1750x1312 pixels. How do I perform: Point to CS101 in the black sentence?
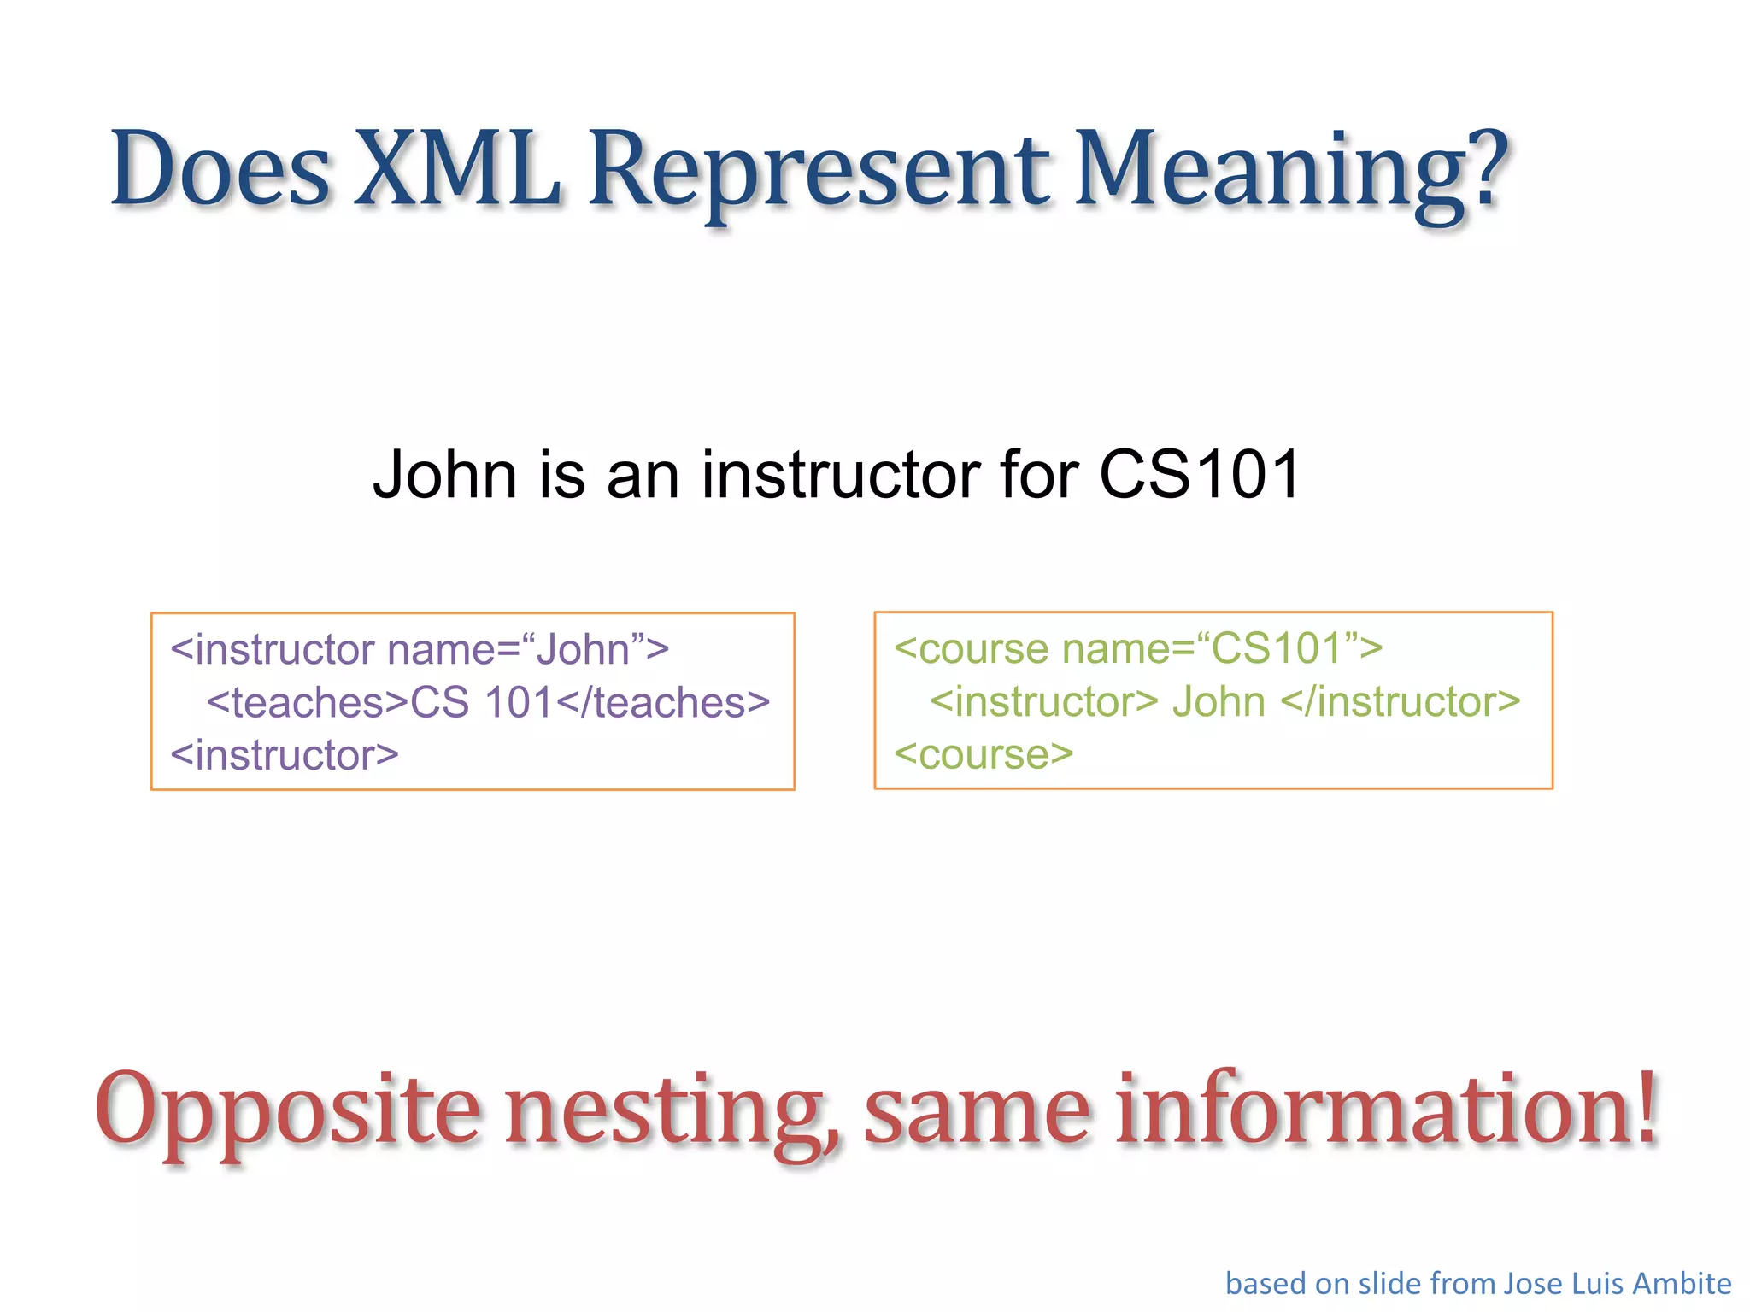click(x=1200, y=475)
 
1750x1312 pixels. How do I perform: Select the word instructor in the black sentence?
click(x=841, y=475)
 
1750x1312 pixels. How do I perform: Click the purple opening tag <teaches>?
click(x=308, y=703)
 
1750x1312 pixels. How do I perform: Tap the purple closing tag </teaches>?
click(x=663, y=703)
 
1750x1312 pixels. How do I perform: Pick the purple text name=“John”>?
click(x=528, y=650)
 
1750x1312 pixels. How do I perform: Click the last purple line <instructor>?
click(x=285, y=755)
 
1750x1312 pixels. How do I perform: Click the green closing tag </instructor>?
click(x=1401, y=702)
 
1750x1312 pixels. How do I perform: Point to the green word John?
click(x=1219, y=702)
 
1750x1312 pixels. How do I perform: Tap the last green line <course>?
click(x=984, y=754)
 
